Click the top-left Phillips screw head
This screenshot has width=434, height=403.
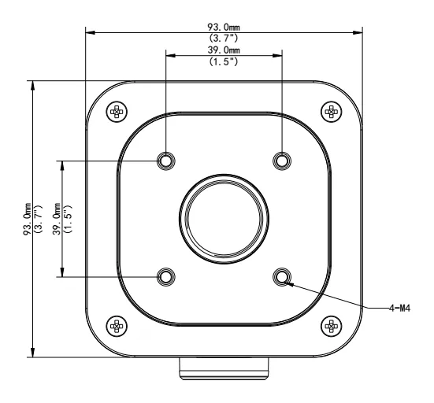117,112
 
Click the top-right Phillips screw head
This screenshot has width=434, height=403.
332,112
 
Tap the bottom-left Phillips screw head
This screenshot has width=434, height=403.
117,327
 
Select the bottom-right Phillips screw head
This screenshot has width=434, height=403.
332,327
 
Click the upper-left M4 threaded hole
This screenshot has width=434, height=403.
165,161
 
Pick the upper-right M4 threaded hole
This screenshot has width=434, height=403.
282,161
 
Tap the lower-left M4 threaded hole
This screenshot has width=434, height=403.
165,277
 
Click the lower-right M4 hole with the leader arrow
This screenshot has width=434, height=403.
282,277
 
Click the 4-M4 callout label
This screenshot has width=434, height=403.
399,308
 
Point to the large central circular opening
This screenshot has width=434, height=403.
224,219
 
